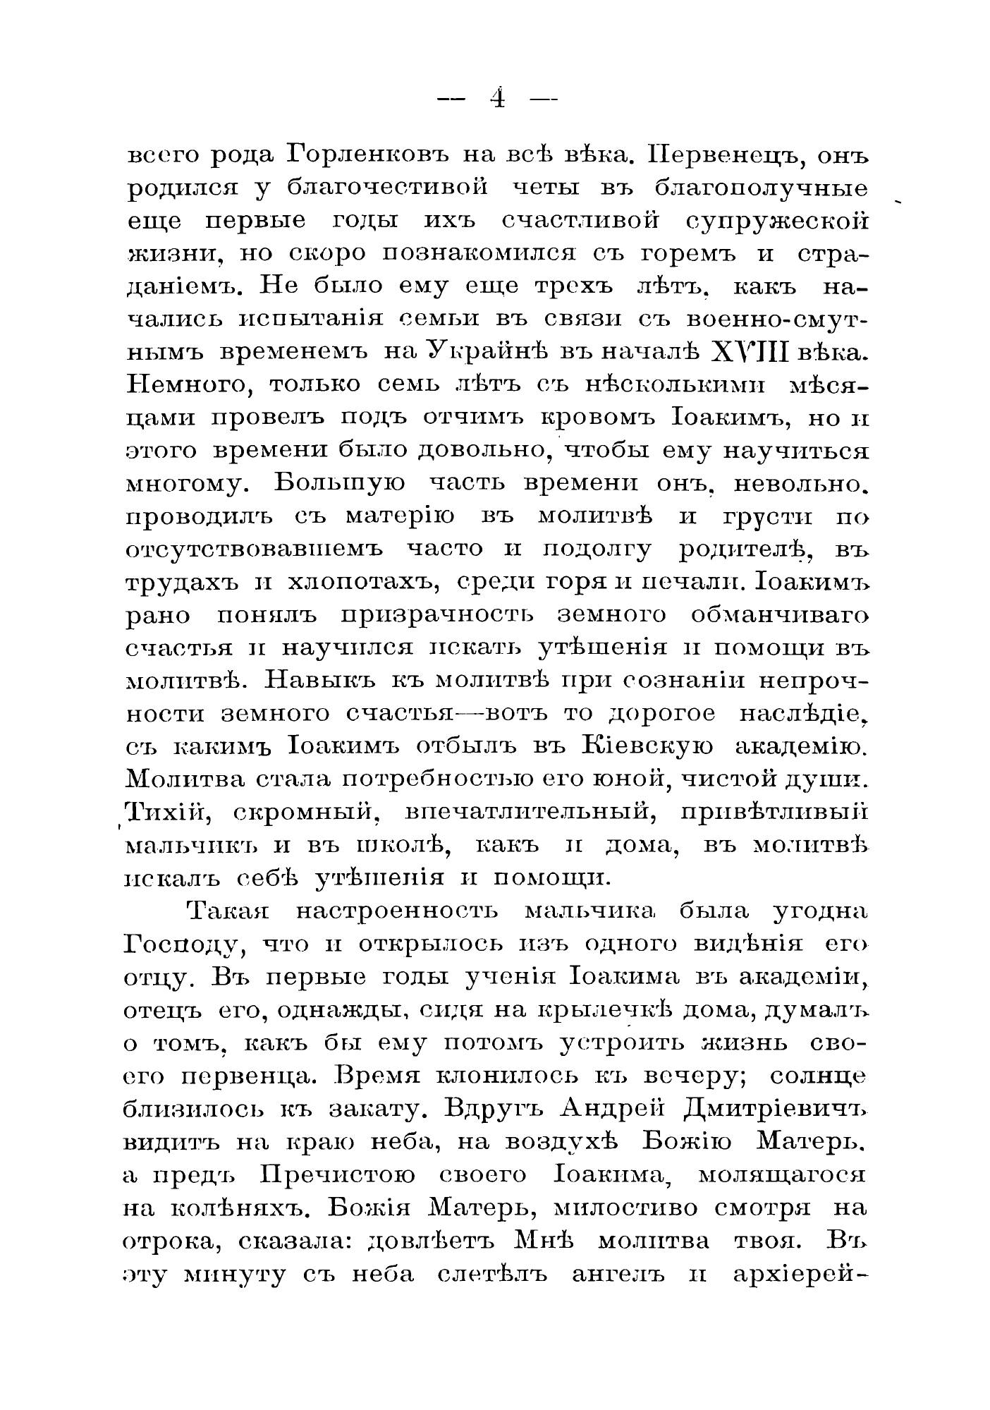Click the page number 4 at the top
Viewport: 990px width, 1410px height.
pyautogui.click(x=498, y=98)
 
